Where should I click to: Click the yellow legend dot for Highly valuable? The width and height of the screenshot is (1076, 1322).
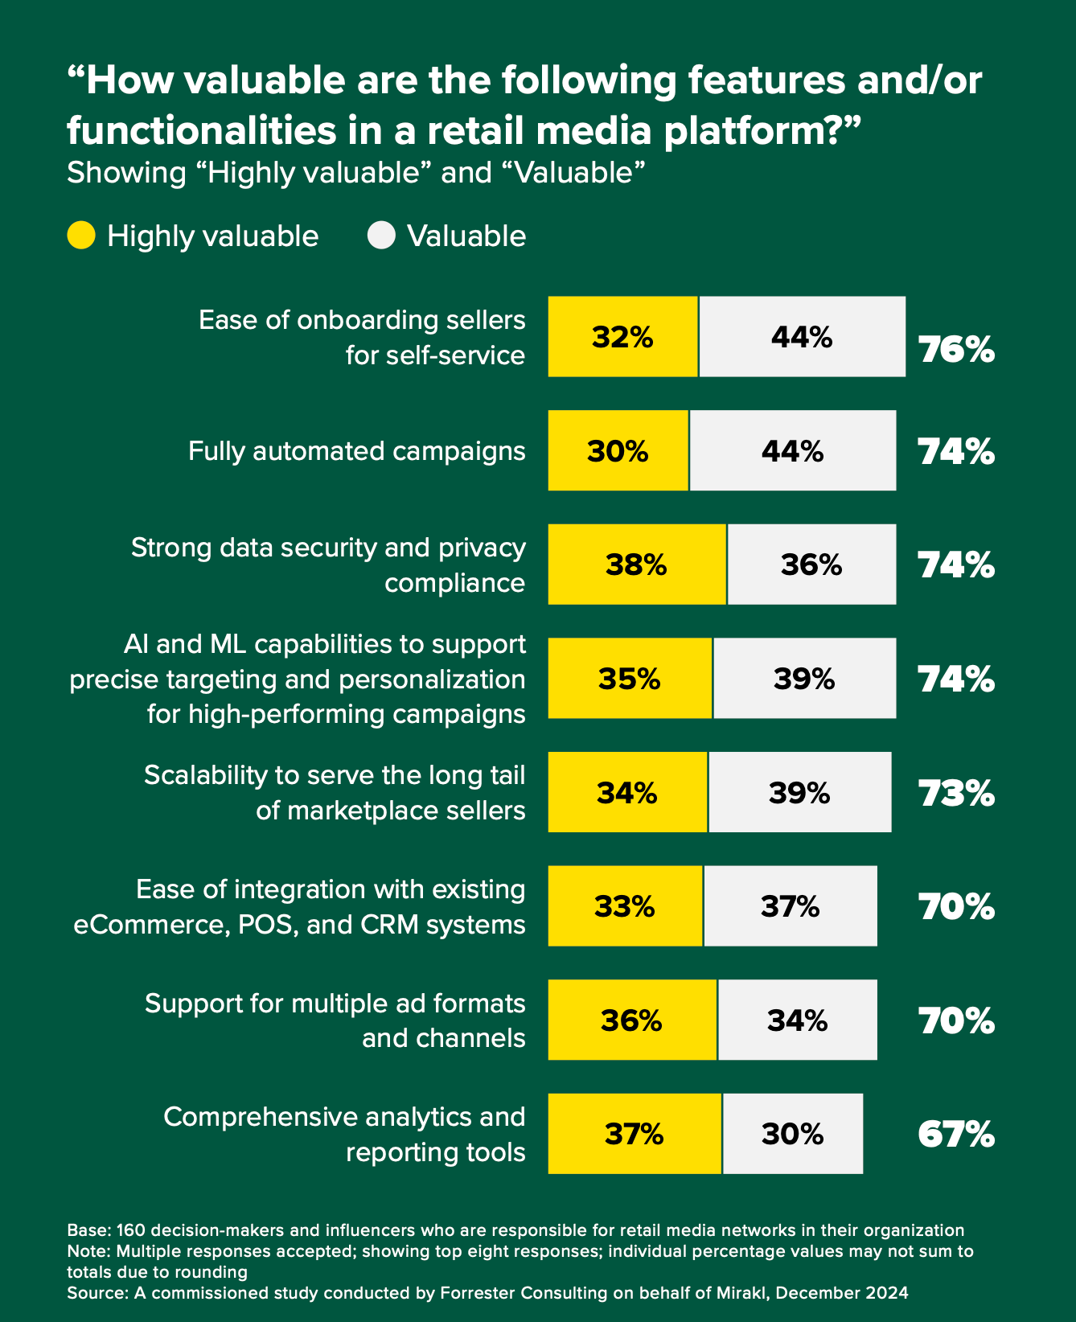pyautogui.click(x=81, y=236)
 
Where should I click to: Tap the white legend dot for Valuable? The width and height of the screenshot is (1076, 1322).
pyautogui.click(x=381, y=236)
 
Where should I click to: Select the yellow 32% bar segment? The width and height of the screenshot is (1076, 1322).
pyautogui.click(x=623, y=337)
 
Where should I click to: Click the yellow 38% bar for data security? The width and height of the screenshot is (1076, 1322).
pyautogui.click(x=637, y=565)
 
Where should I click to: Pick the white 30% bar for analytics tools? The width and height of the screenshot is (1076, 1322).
pyautogui.click(x=793, y=1134)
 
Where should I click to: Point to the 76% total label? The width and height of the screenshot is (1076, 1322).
pyautogui.click(x=956, y=351)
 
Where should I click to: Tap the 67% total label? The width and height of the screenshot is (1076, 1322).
pyautogui.click(x=956, y=1135)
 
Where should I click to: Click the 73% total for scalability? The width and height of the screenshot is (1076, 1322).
pyautogui.click(x=956, y=794)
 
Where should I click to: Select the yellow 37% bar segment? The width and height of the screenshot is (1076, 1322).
pyautogui.click(x=635, y=1134)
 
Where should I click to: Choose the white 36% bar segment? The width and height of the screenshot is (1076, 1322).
pyautogui.click(x=811, y=565)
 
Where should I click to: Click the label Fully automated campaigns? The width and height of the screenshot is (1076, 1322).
pyautogui.click(x=357, y=451)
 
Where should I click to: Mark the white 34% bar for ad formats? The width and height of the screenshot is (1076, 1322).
pyautogui.click(x=798, y=1020)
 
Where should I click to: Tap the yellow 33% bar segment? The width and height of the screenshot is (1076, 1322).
pyautogui.click(x=625, y=906)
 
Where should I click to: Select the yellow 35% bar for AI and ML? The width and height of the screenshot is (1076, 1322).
pyautogui.click(x=630, y=679)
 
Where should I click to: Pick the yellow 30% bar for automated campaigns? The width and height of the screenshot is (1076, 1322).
pyautogui.click(x=618, y=451)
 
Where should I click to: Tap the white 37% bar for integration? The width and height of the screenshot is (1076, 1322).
pyautogui.click(x=791, y=906)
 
